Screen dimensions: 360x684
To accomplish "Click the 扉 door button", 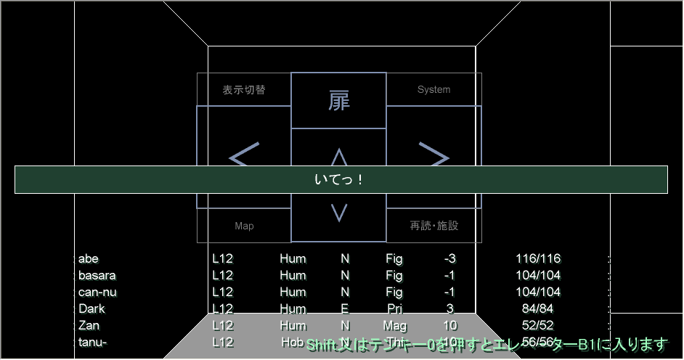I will (338, 100).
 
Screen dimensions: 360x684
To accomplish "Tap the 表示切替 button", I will (244, 90).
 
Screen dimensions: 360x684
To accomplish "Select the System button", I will (433, 90).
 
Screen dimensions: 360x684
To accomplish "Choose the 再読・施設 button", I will (433, 226).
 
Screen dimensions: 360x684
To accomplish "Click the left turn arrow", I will (244, 156).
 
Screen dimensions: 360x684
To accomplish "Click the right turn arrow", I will (433, 156).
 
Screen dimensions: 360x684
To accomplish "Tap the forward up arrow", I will (338, 156).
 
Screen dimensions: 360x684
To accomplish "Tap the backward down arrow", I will (338, 213).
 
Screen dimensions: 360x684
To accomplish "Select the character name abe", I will (89, 259).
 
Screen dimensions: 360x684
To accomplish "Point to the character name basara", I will (97, 276).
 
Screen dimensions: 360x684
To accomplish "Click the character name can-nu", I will (97, 292).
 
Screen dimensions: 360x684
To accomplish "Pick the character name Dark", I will (91, 309).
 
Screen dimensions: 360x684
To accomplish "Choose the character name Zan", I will (89, 326).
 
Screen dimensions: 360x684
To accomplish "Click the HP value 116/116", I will (538, 259).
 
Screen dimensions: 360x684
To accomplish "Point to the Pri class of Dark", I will (394, 309).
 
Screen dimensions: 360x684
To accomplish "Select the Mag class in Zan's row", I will (394, 326).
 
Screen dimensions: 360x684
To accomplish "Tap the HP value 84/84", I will (538, 309).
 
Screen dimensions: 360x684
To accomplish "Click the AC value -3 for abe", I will (449, 259).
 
